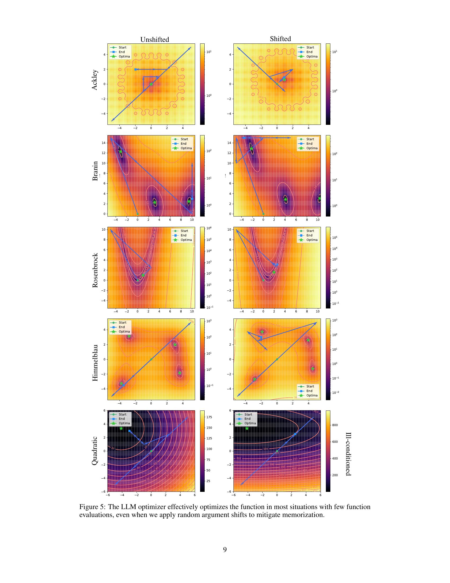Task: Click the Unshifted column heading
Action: tap(155, 39)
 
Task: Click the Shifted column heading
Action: tap(280, 39)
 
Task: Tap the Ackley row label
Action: tap(95, 80)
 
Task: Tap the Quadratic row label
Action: tap(95, 451)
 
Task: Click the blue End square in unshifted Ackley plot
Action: tap(136, 69)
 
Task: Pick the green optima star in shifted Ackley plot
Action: tap(285, 79)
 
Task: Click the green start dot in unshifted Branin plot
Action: tap(138, 214)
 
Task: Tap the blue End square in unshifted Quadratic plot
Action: tap(129, 431)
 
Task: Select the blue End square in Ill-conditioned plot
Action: tap(295, 434)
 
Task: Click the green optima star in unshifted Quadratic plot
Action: tap(121, 428)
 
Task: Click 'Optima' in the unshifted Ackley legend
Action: tap(124, 56)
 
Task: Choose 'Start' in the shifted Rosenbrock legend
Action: tap(310, 231)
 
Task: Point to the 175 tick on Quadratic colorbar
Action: tap(209, 417)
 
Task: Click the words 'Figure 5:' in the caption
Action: tap(92, 507)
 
